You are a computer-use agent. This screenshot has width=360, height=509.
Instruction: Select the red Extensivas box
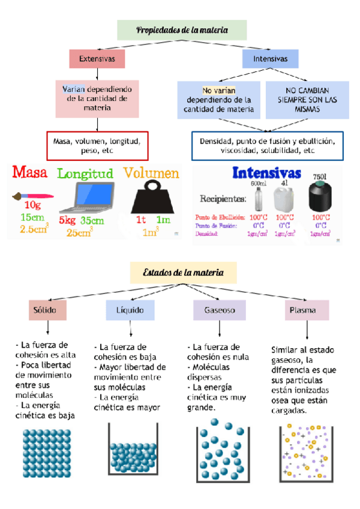(x=97, y=59)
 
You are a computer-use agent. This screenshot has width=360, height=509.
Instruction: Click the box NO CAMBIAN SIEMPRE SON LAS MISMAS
(x=307, y=100)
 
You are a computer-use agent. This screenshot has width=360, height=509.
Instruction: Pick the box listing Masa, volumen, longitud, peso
(x=97, y=146)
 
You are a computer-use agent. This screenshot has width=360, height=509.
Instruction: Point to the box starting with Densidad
(x=267, y=146)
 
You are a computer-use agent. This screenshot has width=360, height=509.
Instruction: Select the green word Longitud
(x=85, y=174)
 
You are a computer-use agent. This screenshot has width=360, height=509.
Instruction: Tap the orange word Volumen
(x=151, y=173)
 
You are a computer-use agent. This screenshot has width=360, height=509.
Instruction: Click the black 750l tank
(x=320, y=197)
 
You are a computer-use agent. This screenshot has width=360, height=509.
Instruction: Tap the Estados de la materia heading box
(x=184, y=273)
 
